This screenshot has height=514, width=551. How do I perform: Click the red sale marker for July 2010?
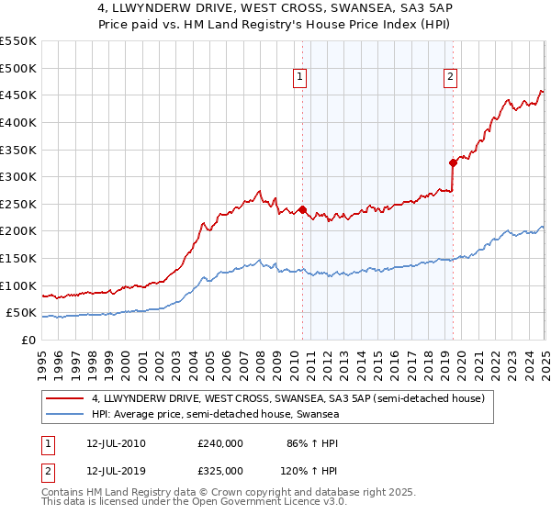pos(302,209)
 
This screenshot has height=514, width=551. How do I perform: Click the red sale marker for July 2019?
pos(453,162)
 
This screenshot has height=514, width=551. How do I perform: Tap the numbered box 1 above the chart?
pos(301,78)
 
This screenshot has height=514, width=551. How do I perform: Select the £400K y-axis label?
pos(19,122)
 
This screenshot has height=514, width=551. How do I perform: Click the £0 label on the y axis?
pos(28,340)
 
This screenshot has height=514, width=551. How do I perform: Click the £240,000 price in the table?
pos(219,443)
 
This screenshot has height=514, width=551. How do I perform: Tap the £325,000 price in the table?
pos(219,471)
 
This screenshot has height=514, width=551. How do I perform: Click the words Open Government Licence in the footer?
pos(260,504)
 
